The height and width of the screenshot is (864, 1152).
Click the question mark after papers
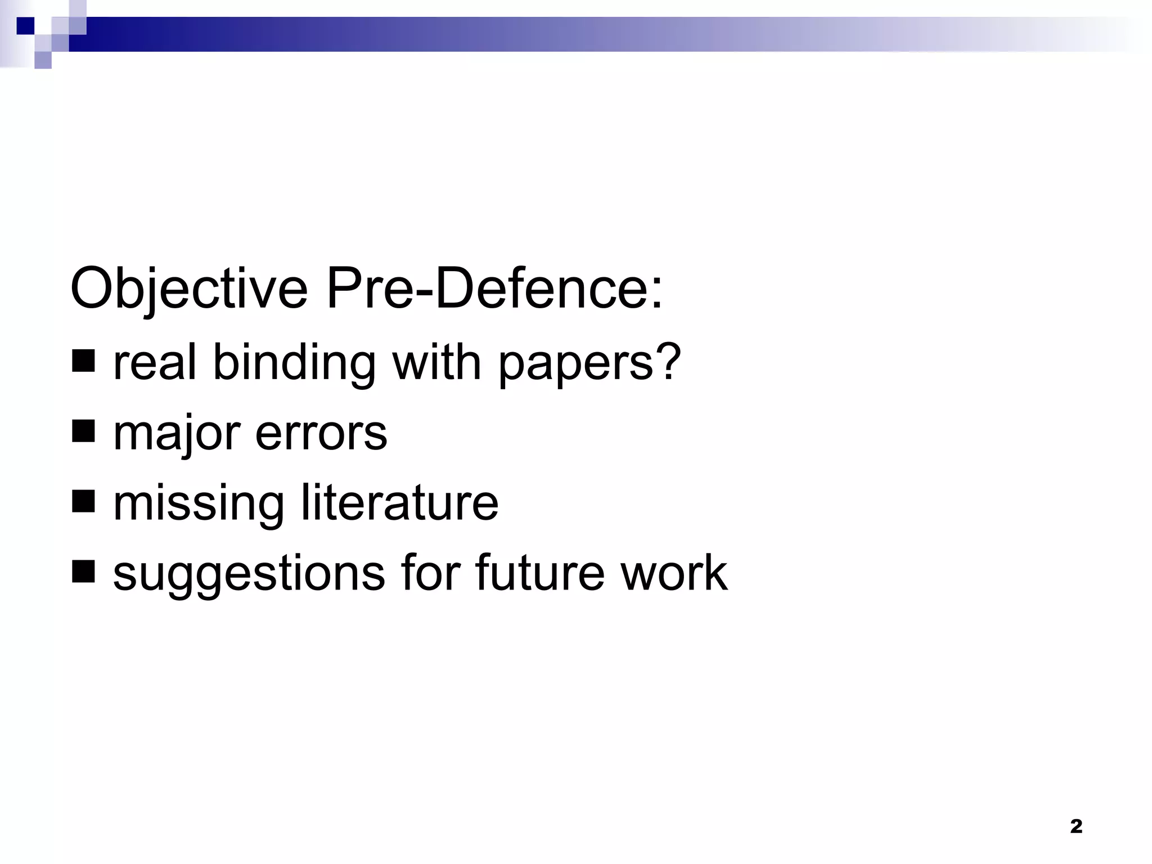[669, 361]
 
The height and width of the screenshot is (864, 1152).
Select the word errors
[321, 434]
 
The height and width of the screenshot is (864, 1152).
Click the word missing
[199, 504]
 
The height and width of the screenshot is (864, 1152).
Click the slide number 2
[1075, 826]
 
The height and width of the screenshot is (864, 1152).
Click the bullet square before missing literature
[83, 502]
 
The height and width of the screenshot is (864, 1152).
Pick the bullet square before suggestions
[83, 572]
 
